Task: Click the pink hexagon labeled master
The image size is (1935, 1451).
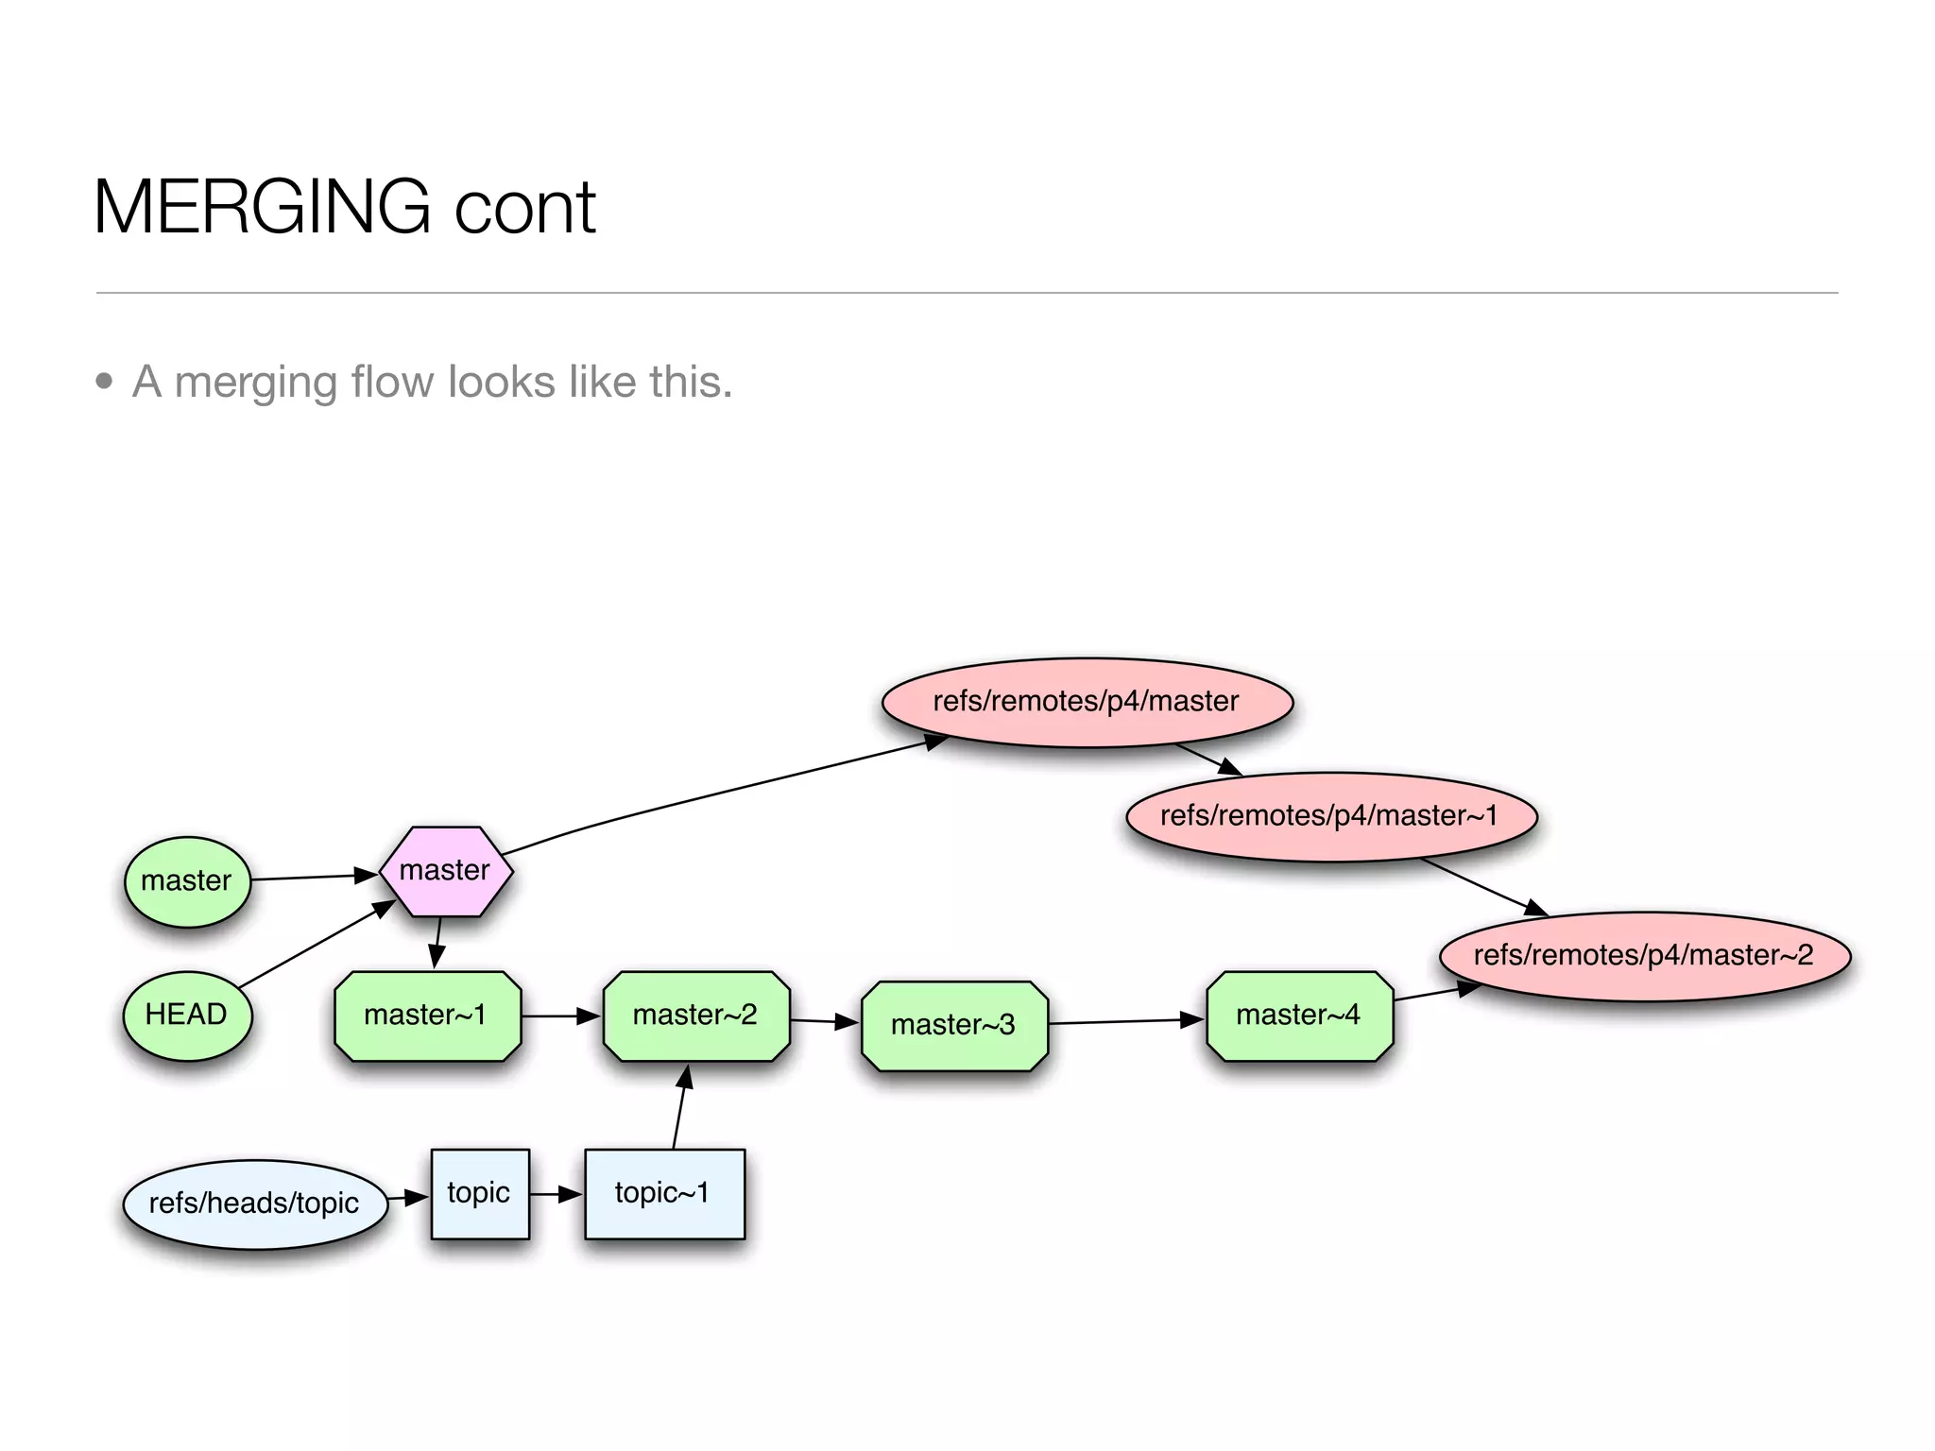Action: [x=446, y=871]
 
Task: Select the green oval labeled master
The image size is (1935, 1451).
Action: [x=187, y=881]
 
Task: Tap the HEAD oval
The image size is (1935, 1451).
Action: [x=187, y=1016]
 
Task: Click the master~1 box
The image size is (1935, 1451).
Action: [x=427, y=1016]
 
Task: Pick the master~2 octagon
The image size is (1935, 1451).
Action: [x=696, y=1016]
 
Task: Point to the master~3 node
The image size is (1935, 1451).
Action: [x=954, y=1025]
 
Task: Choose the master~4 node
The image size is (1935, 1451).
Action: [x=1299, y=1016]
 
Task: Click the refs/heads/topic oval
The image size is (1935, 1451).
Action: [x=255, y=1203]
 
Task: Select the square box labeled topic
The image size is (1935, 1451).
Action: [x=480, y=1193]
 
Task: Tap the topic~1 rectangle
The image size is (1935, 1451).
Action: [x=664, y=1193]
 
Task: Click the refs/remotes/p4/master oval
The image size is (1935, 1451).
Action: [x=1087, y=702]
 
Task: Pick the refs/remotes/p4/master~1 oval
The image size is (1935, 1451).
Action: [x=1330, y=816]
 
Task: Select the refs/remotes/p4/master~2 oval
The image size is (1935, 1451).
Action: [x=1644, y=955]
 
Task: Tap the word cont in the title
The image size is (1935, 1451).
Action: [x=525, y=209]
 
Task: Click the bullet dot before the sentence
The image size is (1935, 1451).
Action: [x=104, y=382]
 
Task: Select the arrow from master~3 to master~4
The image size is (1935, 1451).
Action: [x=1124, y=1021]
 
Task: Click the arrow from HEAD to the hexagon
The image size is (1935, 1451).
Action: [x=316, y=945]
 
